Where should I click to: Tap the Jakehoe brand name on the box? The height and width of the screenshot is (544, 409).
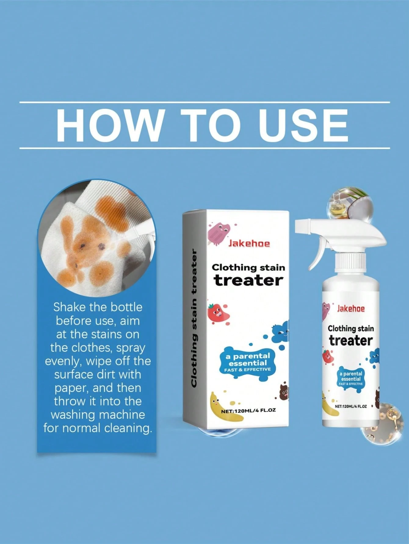(x=249, y=244)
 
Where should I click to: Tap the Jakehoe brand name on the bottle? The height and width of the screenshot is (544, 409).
(x=351, y=309)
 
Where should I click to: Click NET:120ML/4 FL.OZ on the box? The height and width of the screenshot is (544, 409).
(x=248, y=410)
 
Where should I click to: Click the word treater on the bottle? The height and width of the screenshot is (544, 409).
(x=351, y=340)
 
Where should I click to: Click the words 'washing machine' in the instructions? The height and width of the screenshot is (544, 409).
(x=98, y=415)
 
